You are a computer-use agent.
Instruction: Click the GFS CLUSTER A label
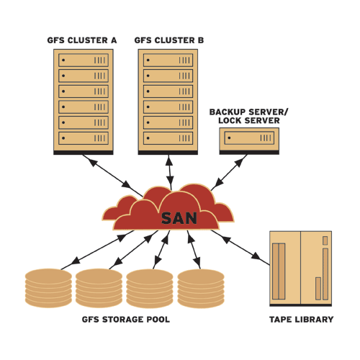(x=82, y=40)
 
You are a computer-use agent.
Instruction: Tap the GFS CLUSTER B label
(x=169, y=40)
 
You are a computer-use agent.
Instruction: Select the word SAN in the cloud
(x=179, y=218)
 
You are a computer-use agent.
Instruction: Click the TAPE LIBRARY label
(x=302, y=320)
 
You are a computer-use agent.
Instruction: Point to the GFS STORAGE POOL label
(x=126, y=320)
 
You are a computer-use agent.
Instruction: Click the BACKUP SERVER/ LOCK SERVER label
(x=249, y=116)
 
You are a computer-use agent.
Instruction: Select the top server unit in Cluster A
(x=84, y=60)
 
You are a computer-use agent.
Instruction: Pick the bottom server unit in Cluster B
(x=168, y=138)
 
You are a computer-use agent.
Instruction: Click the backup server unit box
(x=249, y=138)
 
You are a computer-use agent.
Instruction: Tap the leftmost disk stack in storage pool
(x=48, y=288)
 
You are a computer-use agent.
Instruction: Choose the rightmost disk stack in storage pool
(x=201, y=289)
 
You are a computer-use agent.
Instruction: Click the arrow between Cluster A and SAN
(x=112, y=176)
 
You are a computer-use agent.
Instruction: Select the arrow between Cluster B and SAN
(x=170, y=172)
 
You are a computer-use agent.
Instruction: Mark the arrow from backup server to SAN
(x=229, y=173)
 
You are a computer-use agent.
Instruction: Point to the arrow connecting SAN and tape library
(x=240, y=248)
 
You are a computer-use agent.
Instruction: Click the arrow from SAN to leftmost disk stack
(x=97, y=250)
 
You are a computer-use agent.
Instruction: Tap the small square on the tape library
(x=325, y=240)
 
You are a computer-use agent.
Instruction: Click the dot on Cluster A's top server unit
(x=63, y=60)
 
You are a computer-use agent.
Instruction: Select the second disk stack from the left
(x=99, y=288)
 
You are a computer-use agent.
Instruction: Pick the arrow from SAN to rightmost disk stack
(x=194, y=250)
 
